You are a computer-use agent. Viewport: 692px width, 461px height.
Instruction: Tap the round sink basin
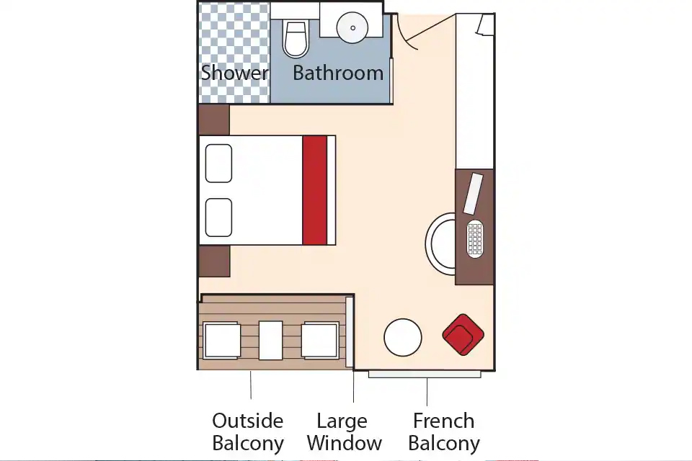coord(352,27)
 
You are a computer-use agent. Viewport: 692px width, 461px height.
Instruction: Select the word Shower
coord(235,73)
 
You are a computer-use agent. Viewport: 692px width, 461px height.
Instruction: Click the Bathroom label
coord(338,73)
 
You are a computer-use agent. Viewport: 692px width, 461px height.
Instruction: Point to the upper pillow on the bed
coord(218,164)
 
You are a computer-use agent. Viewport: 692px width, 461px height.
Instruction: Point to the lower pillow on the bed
coord(218,218)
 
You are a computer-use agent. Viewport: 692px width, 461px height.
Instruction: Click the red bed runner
coord(315,190)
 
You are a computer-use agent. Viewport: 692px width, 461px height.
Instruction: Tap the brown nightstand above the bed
coord(214,120)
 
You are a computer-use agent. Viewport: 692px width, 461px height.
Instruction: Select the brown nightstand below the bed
coord(214,261)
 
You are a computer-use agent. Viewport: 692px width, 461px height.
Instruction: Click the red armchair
coord(463,334)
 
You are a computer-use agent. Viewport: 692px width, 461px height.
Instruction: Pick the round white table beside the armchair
coord(402,338)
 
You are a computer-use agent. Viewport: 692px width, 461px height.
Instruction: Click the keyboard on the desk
coord(475,238)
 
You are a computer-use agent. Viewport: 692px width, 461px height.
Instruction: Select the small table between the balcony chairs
coord(270,340)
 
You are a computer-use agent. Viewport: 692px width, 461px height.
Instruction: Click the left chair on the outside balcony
coord(222,340)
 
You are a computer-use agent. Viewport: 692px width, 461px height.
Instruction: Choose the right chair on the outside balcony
coord(320,340)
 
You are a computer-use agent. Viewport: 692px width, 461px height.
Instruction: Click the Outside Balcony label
coord(248,432)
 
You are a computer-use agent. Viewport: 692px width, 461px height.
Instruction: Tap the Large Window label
coord(345,432)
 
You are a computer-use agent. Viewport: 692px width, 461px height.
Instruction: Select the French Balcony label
coord(444,432)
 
